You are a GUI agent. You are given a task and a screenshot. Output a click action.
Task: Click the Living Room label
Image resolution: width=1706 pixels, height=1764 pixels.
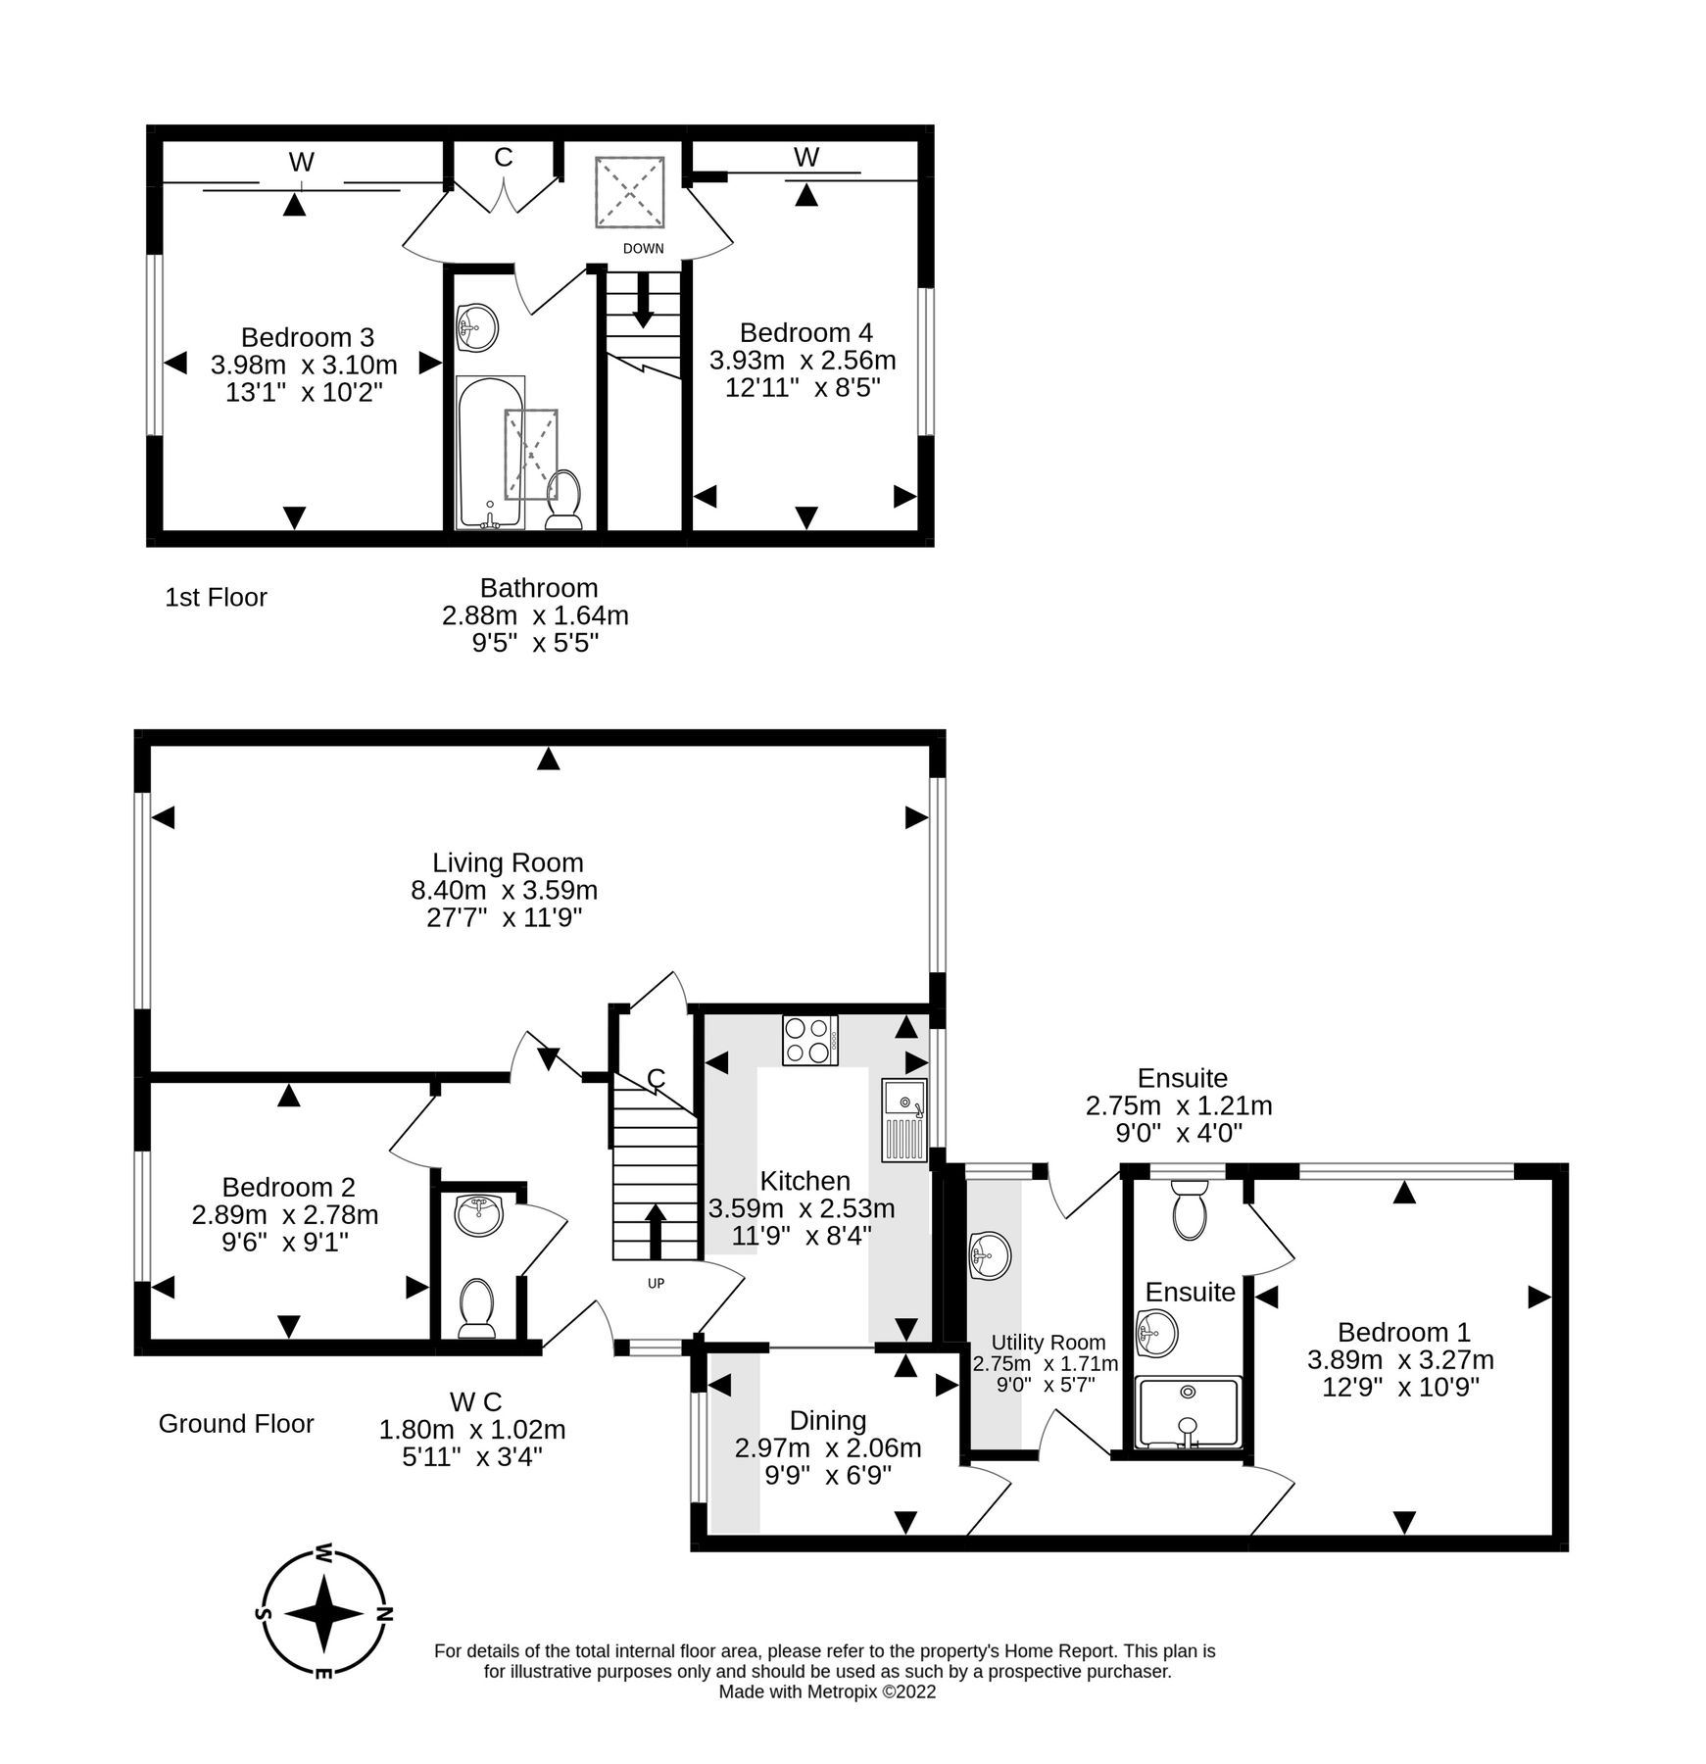click(x=508, y=862)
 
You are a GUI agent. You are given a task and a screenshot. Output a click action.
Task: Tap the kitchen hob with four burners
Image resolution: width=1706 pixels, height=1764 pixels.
click(x=809, y=1041)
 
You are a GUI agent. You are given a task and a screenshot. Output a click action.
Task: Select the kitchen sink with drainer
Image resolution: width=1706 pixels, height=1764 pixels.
click(x=903, y=1119)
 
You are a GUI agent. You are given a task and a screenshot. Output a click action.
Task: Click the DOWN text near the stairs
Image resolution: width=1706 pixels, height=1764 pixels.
click(x=643, y=249)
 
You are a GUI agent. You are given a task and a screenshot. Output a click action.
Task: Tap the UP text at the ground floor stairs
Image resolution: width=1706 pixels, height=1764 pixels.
click(x=656, y=1283)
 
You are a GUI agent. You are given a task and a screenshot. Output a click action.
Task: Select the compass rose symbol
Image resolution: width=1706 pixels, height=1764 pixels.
click(x=323, y=1613)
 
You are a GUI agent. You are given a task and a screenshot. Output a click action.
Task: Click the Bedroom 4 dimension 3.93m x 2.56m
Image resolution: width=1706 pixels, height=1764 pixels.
click(x=803, y=361)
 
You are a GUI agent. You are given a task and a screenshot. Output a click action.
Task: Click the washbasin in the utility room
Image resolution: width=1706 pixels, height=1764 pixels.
click(x=990, y=1255)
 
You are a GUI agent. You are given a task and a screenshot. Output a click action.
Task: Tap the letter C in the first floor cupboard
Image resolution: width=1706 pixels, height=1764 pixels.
click(x=503, y=158)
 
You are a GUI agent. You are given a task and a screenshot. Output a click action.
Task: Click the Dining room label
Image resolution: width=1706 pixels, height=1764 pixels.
click(x=828, y=1420)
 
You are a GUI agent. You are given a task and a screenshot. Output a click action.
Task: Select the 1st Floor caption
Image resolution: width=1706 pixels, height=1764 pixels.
click(x=216, y=597)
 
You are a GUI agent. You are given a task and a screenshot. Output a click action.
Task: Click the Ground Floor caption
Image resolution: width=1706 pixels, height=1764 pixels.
click(x=236, y=1424)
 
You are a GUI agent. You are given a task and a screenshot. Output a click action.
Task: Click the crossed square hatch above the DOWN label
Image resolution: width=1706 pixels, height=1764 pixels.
click(x=630, y=192)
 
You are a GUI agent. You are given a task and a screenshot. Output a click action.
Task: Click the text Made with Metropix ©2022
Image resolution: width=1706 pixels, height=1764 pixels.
click(x=827, y=1691)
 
